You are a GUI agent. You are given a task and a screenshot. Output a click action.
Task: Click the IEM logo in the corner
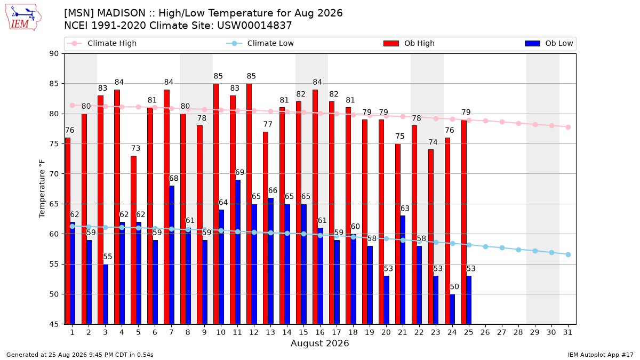pos(23,18)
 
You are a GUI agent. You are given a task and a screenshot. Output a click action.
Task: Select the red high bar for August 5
pos(133,240)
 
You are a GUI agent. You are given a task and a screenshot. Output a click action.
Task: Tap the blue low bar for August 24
pos(452,309)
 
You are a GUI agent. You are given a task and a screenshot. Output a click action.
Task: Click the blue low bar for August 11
pos(238,252)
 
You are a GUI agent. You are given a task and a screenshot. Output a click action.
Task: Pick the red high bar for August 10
pos(216,204)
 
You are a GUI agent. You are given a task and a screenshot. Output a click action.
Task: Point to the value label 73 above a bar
pos(135,148)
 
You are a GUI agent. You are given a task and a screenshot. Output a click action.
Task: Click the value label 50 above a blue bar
pos(454,286)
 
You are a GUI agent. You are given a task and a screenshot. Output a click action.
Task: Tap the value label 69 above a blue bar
pos(239,172)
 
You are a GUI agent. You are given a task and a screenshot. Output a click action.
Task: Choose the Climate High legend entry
pos(102,43)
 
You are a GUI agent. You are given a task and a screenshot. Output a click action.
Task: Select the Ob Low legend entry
pos(549,43)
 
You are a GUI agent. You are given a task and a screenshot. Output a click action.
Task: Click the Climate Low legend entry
pos(260,43)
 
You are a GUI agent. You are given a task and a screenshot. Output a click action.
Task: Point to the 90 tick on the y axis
pos(54,54)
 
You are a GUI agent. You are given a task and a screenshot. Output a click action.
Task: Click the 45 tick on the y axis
pos(54,324)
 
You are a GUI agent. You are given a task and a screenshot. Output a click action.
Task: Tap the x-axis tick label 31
pos(567,332)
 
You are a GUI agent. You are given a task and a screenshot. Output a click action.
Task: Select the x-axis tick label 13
pos(270,332)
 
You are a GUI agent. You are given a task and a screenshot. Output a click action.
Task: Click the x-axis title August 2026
pos(319,343)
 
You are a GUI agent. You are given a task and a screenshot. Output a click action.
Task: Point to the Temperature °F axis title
pos(42,189)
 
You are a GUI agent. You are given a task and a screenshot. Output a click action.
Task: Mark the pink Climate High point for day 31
pos(569,127)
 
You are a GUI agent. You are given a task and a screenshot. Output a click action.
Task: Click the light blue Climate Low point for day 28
pos(518,250)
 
